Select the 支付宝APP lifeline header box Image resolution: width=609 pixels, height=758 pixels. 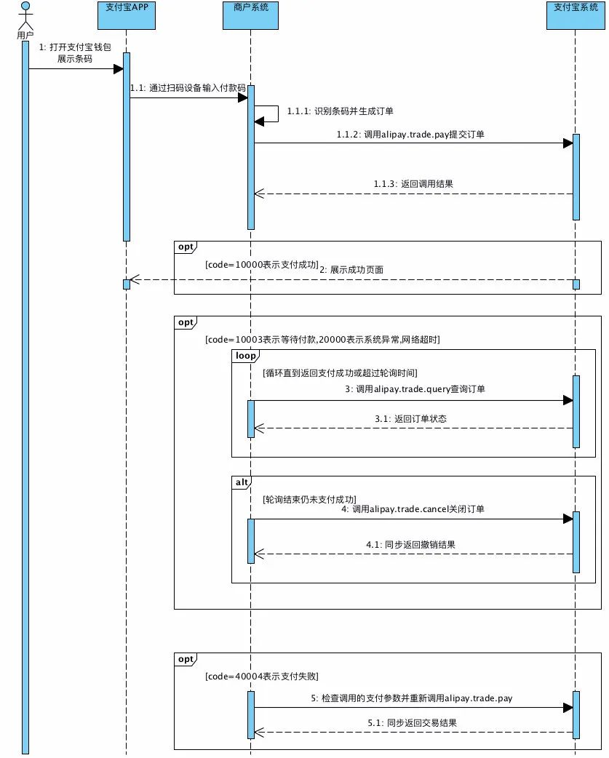tap(126, 15)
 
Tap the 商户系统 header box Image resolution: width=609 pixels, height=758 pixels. tap(251, 15)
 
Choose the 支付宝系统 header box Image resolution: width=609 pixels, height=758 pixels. tap(575, 15)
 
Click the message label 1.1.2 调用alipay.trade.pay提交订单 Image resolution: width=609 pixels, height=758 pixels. tap(411, 135)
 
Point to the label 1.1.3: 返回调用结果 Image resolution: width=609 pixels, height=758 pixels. tap(413, 184)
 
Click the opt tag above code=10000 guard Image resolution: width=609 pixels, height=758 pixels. tap(186, 247)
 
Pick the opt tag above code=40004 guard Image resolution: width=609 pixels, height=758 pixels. tap(186, 659)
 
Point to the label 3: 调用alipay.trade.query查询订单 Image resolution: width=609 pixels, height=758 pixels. tap(415, 389)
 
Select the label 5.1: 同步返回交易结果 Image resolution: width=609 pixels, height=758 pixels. tap(412, 722)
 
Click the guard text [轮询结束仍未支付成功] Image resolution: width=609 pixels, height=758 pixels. tap(309, 500)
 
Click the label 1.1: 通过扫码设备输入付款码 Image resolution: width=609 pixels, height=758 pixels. tap(188, 87)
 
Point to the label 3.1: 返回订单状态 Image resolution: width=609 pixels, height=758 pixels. tap(412, 418)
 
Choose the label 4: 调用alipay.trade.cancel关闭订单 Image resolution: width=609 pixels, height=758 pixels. tap(413, 509)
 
